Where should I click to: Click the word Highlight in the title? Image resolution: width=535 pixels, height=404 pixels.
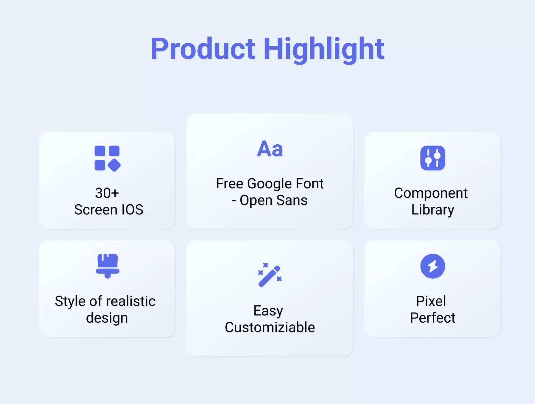tap(324, 50)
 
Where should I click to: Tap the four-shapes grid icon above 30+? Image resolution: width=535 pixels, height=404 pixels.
tap(107, 158)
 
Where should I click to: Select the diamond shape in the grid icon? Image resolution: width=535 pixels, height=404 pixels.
tap(114, 165)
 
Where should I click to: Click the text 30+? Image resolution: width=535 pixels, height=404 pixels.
tap(107, 193)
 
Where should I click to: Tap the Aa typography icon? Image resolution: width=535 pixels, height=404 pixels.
tap(270, 149)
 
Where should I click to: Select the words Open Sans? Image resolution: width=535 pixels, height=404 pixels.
tap(273, 201)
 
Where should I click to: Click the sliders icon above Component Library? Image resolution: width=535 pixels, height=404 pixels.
tap(433, 158)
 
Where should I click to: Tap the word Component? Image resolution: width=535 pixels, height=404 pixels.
tap(431, 193)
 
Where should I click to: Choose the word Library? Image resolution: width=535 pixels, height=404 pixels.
tap(433, 210)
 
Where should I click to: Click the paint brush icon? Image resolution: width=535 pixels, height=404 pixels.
tap(108, 266)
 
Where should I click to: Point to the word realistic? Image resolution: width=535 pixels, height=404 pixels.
tap(131, 301)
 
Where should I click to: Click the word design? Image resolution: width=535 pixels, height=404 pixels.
tap(107, 318)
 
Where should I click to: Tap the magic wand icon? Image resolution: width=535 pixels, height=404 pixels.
tap(270, 275)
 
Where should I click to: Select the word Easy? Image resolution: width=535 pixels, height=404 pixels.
tap(268, 311)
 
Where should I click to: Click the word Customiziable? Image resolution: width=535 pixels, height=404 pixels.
tap(270, 327)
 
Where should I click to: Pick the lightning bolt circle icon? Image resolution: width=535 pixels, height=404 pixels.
tap(433, 266)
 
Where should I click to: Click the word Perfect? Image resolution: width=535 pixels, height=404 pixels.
tap(433, 318)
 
